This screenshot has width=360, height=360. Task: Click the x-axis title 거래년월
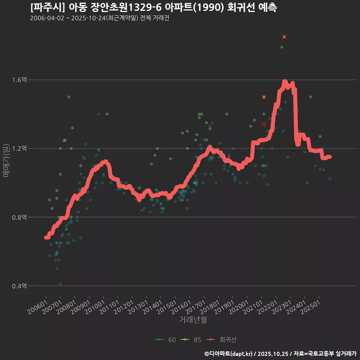coord(193,319)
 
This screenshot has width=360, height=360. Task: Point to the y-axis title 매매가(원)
coord(6,160)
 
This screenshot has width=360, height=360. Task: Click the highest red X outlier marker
coord(284,37)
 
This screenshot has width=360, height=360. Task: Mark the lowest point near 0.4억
coord(60,284)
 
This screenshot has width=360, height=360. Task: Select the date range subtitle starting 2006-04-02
coord(99,18)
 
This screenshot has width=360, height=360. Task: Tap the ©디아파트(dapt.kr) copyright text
coord(229,354)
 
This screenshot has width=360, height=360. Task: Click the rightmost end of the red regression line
coord(330,157)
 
